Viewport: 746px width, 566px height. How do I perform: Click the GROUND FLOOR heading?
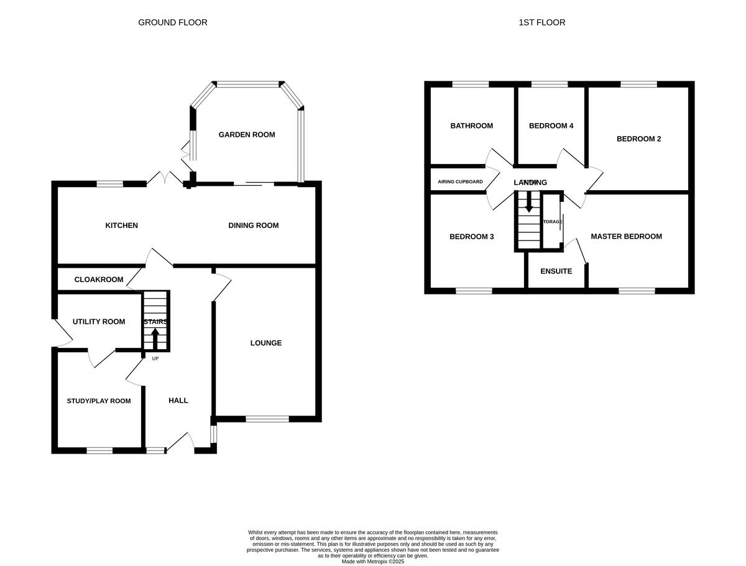click(x=172, y=22)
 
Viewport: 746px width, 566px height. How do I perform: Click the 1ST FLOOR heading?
click(x=541, y=22)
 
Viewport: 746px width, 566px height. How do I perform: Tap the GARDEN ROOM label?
click(x=246, y=134)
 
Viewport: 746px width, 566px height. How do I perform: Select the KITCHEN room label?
click(x=121, y=225)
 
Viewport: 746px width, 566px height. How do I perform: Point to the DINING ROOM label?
click(x=253, y=225)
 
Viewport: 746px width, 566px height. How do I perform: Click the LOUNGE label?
click(x=266, y=342)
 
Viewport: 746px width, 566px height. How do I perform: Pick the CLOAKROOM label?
click(x=99, y=280)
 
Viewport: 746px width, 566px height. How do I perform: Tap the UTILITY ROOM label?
click(x=99, y=321)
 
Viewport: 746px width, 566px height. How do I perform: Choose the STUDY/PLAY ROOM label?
click(x=99, y=401)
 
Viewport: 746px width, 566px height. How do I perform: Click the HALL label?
click(x=178, y=401)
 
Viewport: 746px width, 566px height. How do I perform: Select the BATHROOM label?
click(x=471, y=126)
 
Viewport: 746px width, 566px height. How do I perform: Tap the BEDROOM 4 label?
click(x=551, y=126)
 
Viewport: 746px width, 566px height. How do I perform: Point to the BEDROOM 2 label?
click(x=638, y=139)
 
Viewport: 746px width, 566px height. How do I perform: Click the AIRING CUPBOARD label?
click(x=460, y=181)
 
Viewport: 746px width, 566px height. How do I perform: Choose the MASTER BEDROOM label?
click(x=626, y=236)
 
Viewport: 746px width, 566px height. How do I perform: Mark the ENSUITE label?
click(x=556, y=271)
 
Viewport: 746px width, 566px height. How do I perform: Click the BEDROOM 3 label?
click(x=471, y=236)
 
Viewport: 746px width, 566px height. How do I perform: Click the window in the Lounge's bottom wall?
click(x=267, y=419)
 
